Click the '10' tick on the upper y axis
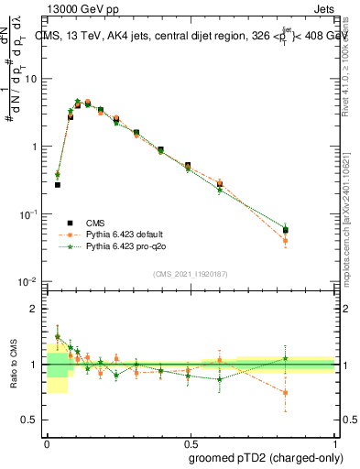(x=34, y=79)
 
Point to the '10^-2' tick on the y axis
(x=30, y=281)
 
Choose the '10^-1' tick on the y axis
(x=30, y=213)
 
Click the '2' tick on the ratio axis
(x=37, y=310)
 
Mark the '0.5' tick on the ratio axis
(x=33, y=420)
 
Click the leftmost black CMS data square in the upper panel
(x=58, y=184)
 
